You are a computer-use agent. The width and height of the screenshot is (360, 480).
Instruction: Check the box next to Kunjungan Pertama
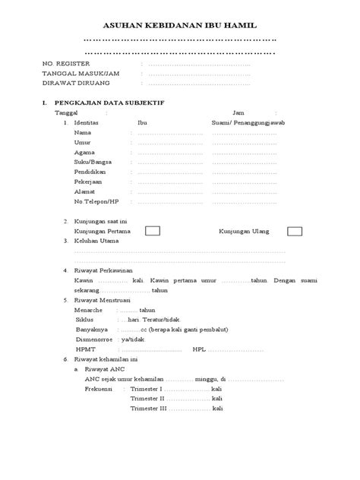(x=153, y=230)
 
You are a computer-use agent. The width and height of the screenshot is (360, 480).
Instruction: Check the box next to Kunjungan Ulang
(x=294, y=230)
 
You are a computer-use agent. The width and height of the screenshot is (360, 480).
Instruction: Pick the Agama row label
(x=84, y=153)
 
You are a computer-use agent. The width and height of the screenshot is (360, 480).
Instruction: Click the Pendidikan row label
(x=90, y=172)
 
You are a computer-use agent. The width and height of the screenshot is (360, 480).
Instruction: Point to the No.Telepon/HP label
(x=96, y=202)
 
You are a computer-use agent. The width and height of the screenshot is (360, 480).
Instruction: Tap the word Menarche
(x=90, y=311)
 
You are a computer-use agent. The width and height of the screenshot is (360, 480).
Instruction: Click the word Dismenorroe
(x=94, y=340)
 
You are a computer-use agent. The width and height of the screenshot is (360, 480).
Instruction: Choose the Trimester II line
(x=148, y=399)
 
